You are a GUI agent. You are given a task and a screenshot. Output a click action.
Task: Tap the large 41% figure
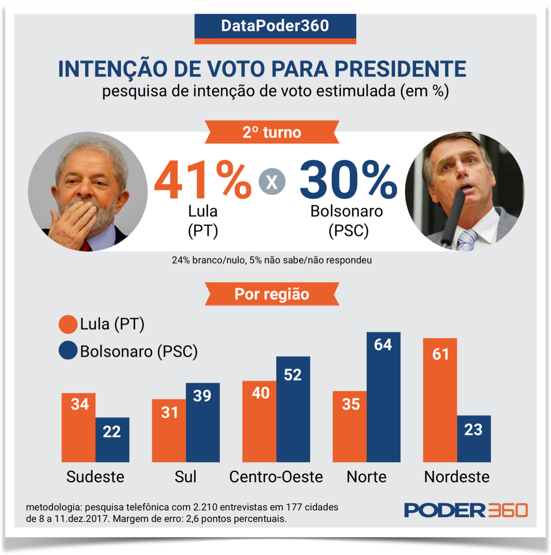point(202,180)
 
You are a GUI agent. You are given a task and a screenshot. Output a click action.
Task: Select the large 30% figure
point(348,180)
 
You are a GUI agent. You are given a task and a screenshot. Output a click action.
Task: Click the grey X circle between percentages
point(272,182)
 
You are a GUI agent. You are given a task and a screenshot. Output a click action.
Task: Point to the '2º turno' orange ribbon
point(272,132)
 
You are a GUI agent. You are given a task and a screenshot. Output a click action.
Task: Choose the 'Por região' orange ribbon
point(272,294)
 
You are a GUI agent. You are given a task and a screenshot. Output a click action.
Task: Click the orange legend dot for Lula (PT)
point(68,324)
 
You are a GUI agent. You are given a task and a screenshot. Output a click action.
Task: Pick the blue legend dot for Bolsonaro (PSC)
point(68,351)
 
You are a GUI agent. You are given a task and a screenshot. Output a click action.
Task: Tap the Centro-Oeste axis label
point(276,477)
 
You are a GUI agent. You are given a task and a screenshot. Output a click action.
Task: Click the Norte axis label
point(366,477)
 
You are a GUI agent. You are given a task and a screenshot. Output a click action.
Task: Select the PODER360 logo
point(466,510)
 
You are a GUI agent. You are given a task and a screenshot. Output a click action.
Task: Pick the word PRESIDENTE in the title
point(400,69)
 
